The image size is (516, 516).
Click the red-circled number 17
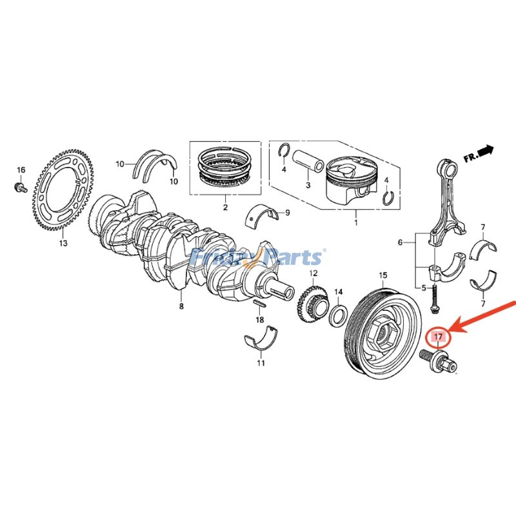click(439, 337)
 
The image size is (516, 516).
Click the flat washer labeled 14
click(336, 317)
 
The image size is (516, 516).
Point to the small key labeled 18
click(260, 303)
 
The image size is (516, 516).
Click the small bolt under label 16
click(20, 188)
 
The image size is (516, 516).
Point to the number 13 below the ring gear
click(63, 244)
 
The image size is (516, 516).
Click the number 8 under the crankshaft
click(181, 306)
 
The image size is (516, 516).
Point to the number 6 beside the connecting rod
click(401, 243)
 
